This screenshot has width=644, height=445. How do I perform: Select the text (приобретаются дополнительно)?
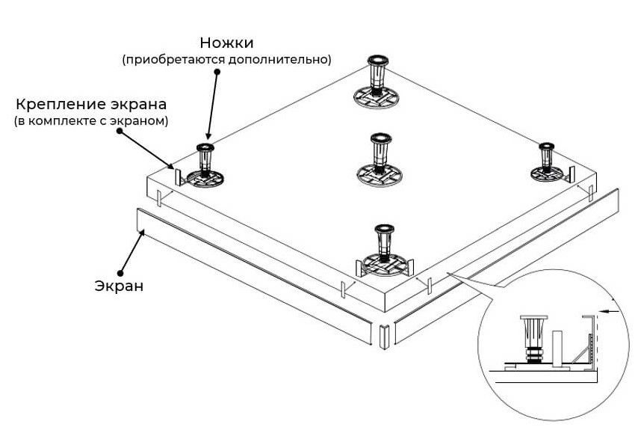click(x=226, y=59)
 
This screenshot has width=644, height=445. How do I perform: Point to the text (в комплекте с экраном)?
click(x=90, y=120)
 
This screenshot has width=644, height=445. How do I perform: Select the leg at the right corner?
click(x=549, y=162)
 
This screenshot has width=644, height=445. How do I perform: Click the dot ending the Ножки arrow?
click(x=218, y=73)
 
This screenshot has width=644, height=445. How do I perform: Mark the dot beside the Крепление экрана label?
click(x=120, y=130)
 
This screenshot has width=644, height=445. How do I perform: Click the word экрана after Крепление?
click(x=137, y=103)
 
